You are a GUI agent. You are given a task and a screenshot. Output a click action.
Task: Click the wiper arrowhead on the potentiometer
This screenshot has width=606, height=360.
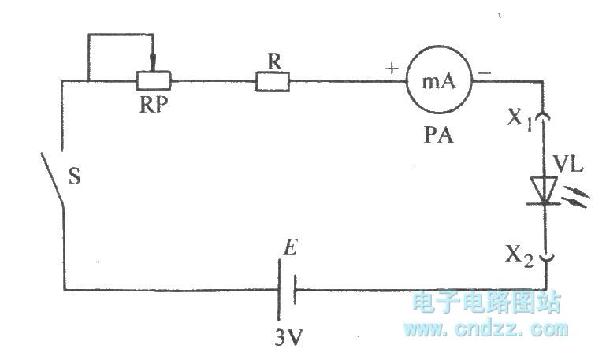click(x=154, y=64)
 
